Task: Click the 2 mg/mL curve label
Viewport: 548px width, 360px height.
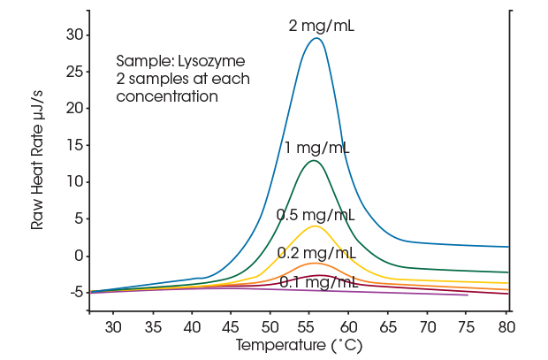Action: tap(322, 26)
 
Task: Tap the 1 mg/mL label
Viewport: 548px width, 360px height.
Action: tap(316, 148)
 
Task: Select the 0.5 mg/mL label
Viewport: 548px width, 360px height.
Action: tap(316, 215)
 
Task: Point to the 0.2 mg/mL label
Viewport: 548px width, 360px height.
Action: tap(316, 253)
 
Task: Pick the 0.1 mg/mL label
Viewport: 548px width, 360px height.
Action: tap(318, 282)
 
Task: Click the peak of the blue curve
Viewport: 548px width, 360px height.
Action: tap(316, 38)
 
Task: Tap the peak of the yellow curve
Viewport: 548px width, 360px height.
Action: tap(315, 226)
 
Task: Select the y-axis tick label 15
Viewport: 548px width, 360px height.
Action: tap(73, 145)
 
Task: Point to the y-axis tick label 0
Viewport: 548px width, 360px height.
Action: tap(77, 256)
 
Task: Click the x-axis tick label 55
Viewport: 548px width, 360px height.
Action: tap(309, 327)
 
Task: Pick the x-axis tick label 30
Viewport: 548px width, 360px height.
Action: tap(112, 327)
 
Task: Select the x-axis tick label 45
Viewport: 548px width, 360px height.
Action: tap(231, 327)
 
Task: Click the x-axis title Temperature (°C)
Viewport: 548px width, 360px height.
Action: tap(299, 345)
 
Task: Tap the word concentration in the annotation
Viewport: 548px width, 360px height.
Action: tap(167, 96)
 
